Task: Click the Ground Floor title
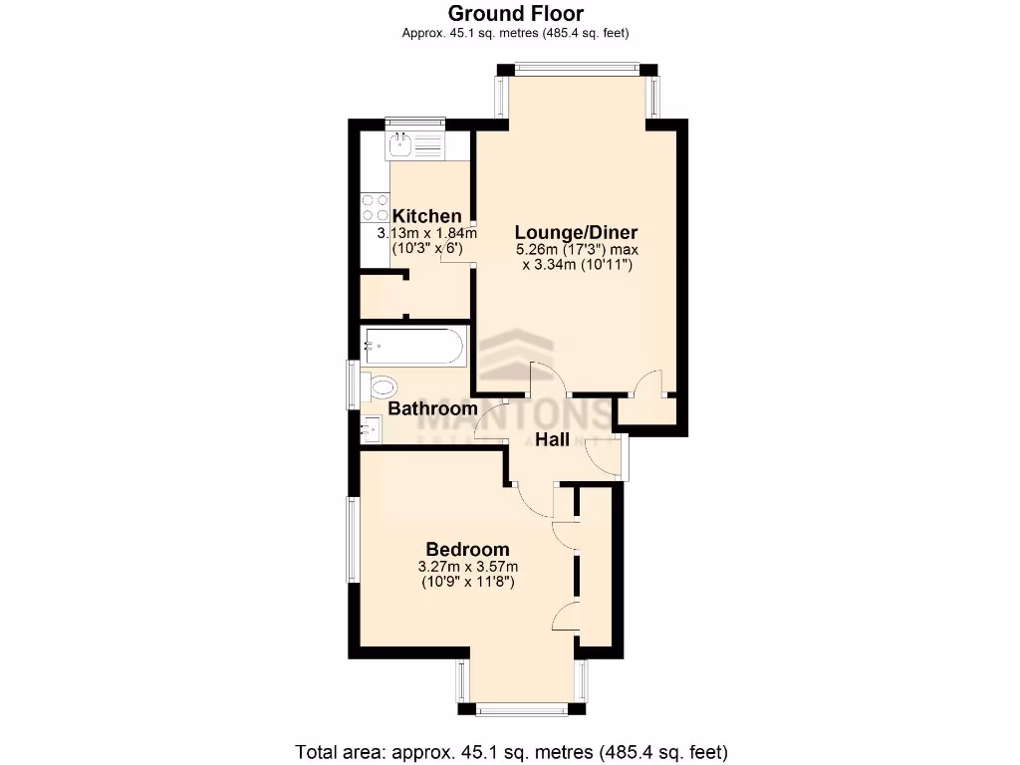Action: click(x=515, y=13)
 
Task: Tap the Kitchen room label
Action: click(x=426, y=216)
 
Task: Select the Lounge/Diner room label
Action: click(x=576, y=232)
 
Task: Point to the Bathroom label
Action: click(x=432, y=408)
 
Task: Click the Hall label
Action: click(x=552, y=439)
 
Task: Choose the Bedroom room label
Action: click(x=467, y=549)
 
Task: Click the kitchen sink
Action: click(x=402, y=145)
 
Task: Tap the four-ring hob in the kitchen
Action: click(x=376, y=207)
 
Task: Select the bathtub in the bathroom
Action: click(x=413, y=347)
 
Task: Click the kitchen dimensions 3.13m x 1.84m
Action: click(x=419, y=234)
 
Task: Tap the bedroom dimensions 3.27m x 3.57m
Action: click(x=467, y=567)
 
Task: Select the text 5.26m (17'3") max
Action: click(x=576, y=250)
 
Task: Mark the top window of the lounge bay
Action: click(x=578, y=69)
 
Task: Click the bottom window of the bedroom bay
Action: click(x=522, y=709)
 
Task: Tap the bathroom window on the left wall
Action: click(x=352, y=384)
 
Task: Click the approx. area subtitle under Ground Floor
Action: click(x=515, y=33)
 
